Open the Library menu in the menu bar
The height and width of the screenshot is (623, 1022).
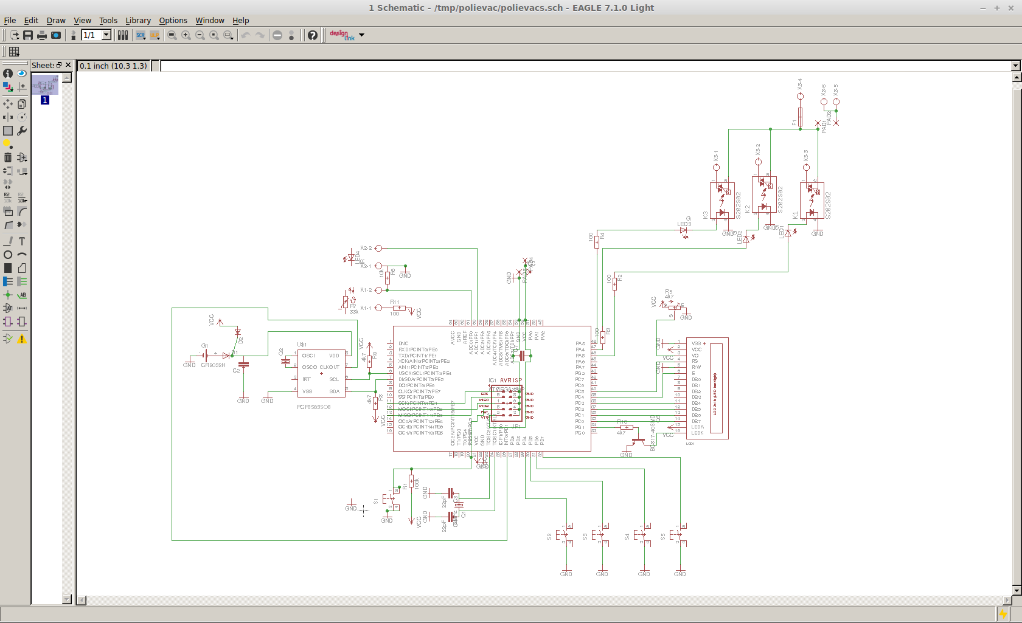[x=137, y=20]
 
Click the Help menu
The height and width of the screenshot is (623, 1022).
[x=240, y=20]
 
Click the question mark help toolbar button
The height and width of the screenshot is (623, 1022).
[x=312, y=35]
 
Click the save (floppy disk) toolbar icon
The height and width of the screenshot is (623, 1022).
[x=28, y=35]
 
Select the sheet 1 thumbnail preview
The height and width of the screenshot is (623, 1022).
[x=45, y=85]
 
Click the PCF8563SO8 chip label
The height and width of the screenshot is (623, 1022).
[x=313, y=407]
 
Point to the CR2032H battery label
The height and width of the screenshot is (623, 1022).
[x=213, y=365]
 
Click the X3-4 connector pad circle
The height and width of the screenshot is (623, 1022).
[x=800, y=96]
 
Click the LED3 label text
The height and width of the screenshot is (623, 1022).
[x=684, y=224]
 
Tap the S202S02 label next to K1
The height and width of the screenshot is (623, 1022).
[x=828, y=205]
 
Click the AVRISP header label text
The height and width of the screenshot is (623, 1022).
[x=510, y=380]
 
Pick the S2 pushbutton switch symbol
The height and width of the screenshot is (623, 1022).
[x=564, y=535]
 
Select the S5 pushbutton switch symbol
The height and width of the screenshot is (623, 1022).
[x=678, y=535]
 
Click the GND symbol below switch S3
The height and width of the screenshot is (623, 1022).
[x=602, y=573]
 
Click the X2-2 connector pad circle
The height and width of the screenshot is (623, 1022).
[x=378, y=248]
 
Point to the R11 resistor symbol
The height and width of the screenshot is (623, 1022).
[x=398, y=308]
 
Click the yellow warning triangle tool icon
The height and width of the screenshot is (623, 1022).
[x=22, y=339]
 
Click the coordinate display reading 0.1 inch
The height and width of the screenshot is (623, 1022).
[x=114, y=66]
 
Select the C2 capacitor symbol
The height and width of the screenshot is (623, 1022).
[x=243, y=365]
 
